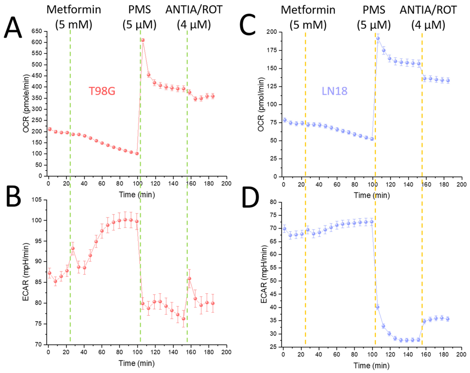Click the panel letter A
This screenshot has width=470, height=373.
click(x=13, y=28)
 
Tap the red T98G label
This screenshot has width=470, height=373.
click(x=102, y=91)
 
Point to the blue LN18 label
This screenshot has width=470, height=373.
click(x=335, y=91)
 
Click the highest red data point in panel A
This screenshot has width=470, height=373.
click(x=143, y=40)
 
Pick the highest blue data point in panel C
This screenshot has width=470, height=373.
click(x=378, y=39)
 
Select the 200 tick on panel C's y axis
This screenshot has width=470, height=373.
click(x=272, y=32)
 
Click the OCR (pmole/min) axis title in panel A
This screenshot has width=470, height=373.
click(x=26, y=103)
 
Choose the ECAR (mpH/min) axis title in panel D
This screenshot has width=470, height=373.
click(x=264, y=274)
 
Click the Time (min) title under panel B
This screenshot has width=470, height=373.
click(x=137, y=363)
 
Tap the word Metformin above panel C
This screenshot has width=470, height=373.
click(x=308, y=10)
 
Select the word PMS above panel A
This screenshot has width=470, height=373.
click(x=139, y=10)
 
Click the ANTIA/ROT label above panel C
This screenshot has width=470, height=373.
click(x=428, y=10)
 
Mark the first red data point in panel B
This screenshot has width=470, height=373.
click(x=50, y=273)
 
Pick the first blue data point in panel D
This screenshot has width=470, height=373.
click(x=284, y=229)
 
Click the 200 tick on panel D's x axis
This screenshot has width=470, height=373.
click(x=461, y=354)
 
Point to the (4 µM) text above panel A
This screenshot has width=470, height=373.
click(x=194, y=25)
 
